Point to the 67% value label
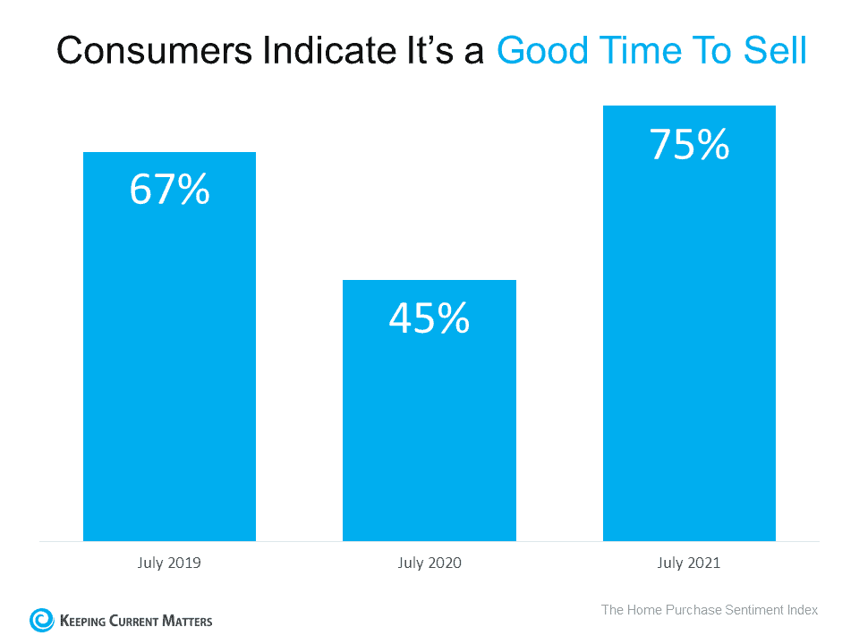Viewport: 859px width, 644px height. [x=169, y=190]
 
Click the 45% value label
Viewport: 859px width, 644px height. [x=429, y=318]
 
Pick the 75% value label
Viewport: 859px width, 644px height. [x=689, y=144]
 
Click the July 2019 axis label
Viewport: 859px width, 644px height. [x=169, y=563]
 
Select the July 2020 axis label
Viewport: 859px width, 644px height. [x=429, y=563]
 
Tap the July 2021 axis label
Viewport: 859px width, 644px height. [x=689, y=563]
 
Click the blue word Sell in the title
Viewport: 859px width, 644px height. [x=777, y=51]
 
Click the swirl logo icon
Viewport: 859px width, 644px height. [x=41, y=620]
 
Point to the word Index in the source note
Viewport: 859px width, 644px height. [x=802, y=610]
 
